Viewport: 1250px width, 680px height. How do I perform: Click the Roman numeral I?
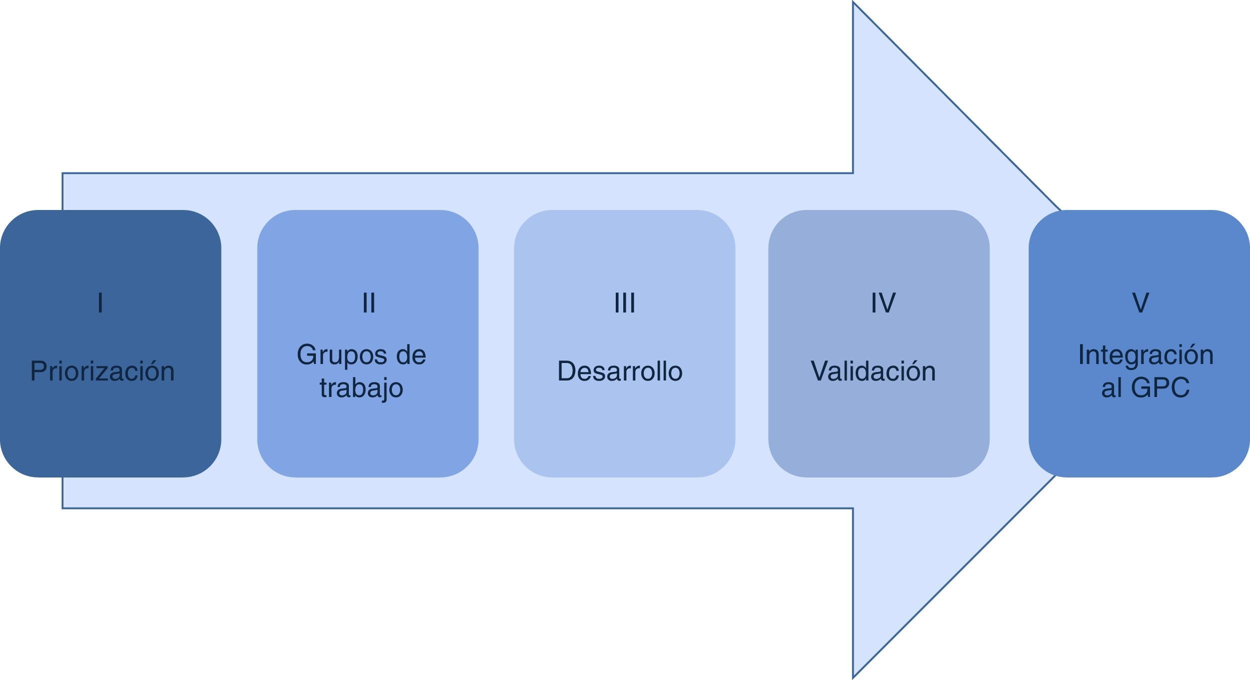tap(100, 303)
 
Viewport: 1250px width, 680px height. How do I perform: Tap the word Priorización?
tap(102, 371)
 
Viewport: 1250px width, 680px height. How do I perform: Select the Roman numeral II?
tap(368, 303)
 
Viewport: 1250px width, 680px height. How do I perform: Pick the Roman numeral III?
tap(625, 303)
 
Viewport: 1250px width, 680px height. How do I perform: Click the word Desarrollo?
tap(620, 371)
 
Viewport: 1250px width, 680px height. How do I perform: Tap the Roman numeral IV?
tap(883, 303)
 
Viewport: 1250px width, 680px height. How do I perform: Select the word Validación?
tap(873, 371)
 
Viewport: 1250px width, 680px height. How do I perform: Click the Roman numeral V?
tap(1140, 303)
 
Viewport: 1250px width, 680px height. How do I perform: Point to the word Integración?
tap(1146, 355)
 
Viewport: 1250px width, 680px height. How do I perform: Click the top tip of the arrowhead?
tap(854, 4)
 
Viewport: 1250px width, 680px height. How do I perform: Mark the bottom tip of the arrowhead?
tap(854, 676)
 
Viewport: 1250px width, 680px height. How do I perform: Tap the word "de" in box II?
tap(410, 355)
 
